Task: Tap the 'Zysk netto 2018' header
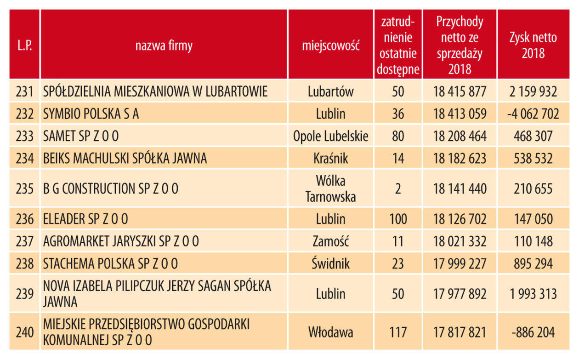[533, 45]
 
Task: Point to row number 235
[25, 189]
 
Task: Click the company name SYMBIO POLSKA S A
[91, 114]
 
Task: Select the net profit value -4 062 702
[533, 114]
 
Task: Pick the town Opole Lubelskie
[330, 136]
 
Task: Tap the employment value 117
[398, 332]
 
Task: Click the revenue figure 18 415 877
[460, 91]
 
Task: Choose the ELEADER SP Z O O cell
[85, 219]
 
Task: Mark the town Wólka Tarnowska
[330, 189]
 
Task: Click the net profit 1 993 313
[533, 293]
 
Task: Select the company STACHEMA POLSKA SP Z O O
[110, 263]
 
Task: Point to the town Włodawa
[330, 332]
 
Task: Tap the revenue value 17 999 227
[460, 263]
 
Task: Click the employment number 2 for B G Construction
[398, 189]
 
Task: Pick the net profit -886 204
[533, 332]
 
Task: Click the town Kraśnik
[330, 159]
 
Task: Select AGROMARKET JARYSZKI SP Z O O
[121, 241]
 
